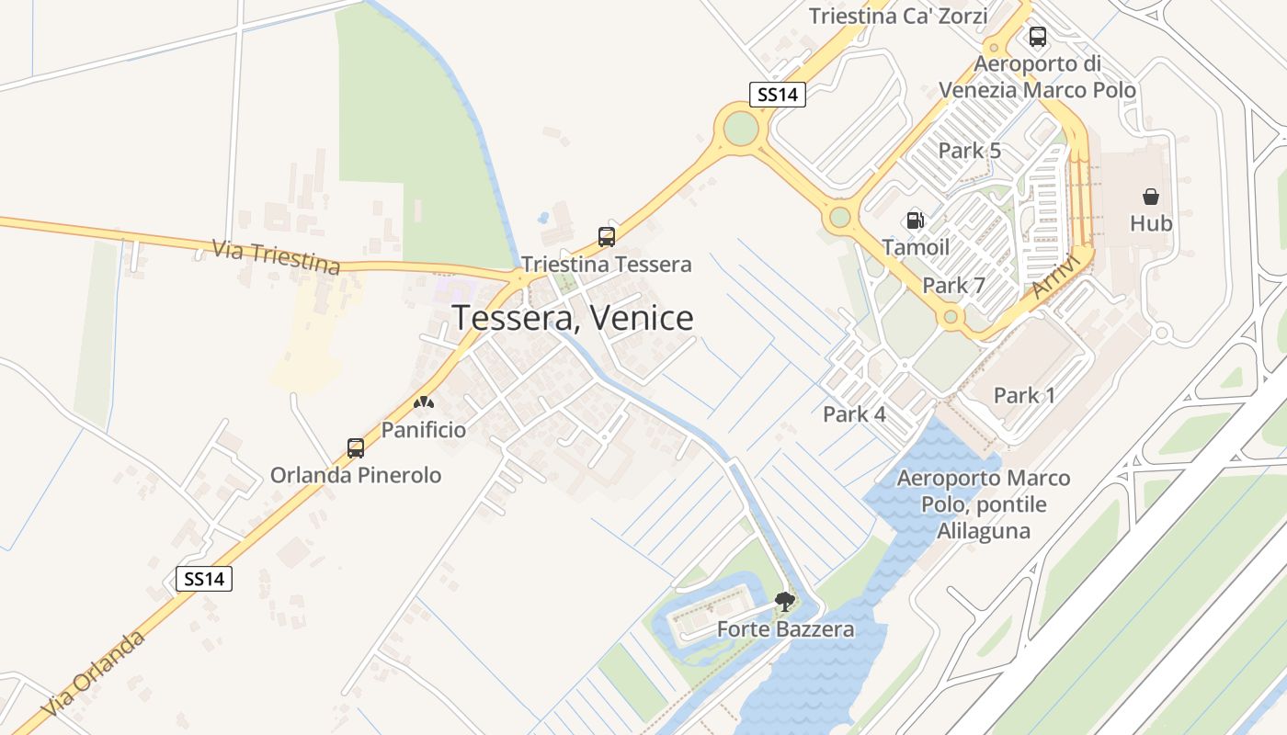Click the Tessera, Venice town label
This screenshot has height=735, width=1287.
click(572, 318)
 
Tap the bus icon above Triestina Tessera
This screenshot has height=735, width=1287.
click(607, 237)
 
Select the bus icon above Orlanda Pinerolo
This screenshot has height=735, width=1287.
click(356, 448)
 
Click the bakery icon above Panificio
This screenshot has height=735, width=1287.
click(424, 402)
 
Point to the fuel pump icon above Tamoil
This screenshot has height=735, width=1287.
click(915, 220)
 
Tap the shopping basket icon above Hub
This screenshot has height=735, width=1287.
click(1151, 197)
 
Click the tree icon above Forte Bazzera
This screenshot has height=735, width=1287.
click(785, 603)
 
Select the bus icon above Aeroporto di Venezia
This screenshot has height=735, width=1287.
click(1038, 37)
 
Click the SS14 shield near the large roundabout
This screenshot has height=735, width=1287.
click(778, 95)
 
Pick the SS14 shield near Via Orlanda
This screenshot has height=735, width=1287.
click(204, 579)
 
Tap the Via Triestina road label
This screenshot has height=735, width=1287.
click(276, 257)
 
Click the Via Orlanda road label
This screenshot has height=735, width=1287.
click(94, 674)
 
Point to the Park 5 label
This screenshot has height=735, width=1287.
click(969, 151)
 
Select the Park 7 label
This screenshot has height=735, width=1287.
click(953, 286)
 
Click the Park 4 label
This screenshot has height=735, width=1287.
click(854, 414)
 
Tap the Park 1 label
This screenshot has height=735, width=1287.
click(1024, 396)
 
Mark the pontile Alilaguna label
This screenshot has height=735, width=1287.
click(984, 504)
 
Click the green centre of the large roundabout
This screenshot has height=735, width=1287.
click(740, 128)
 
